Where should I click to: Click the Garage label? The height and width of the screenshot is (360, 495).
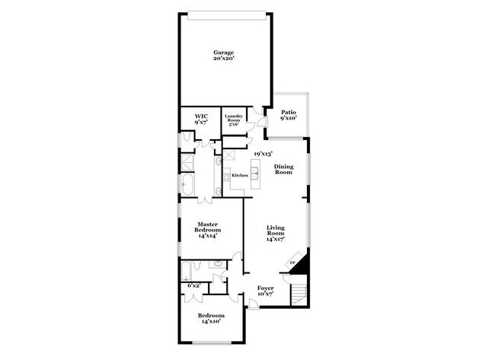tap(223, 53)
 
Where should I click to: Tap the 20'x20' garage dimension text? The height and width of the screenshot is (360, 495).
tap(223, 59)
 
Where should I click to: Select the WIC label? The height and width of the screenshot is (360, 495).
tap(201, 116)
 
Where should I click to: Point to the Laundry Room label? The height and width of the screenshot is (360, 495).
tap(234, 118)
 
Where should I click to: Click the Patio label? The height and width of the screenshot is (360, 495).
tap(288, 113)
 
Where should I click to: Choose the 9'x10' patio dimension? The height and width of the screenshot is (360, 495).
tap(288, 119)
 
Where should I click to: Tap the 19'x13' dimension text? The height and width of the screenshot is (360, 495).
tap(263, 154)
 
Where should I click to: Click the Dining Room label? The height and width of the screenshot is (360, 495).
tap(283, 170)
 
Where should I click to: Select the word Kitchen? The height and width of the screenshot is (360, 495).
tap(240, 176)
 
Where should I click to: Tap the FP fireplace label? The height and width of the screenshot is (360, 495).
tap(292, 263)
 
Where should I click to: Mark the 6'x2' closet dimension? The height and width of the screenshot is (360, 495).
tap(193, 285)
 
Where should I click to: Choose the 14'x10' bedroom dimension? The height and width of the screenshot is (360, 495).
tap(211, 322)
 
